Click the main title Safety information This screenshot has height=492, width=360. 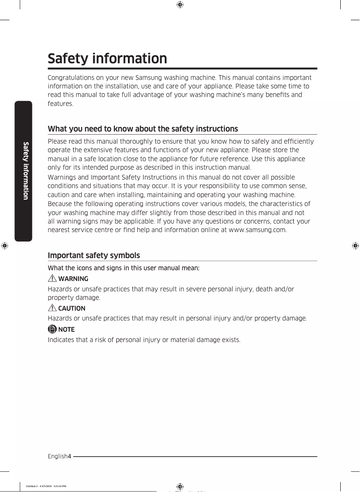[107, 59]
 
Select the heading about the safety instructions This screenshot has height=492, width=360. [143, 129]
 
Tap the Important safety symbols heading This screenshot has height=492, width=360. [94, 255]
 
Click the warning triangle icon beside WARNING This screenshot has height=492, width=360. [52, 279]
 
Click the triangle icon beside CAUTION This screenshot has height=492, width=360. [52, 308]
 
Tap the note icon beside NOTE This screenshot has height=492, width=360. [52, 329]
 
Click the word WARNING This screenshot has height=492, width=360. [73, 279]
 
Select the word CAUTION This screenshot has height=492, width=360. [72, 308]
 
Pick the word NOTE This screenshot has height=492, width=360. [66, 329]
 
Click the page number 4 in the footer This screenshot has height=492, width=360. [70, 457]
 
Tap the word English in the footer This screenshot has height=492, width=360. [57, 457]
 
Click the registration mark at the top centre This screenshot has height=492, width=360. [180, 5]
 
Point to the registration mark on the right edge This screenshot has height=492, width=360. [355, 246]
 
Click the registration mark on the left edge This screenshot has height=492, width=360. [4, 246]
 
